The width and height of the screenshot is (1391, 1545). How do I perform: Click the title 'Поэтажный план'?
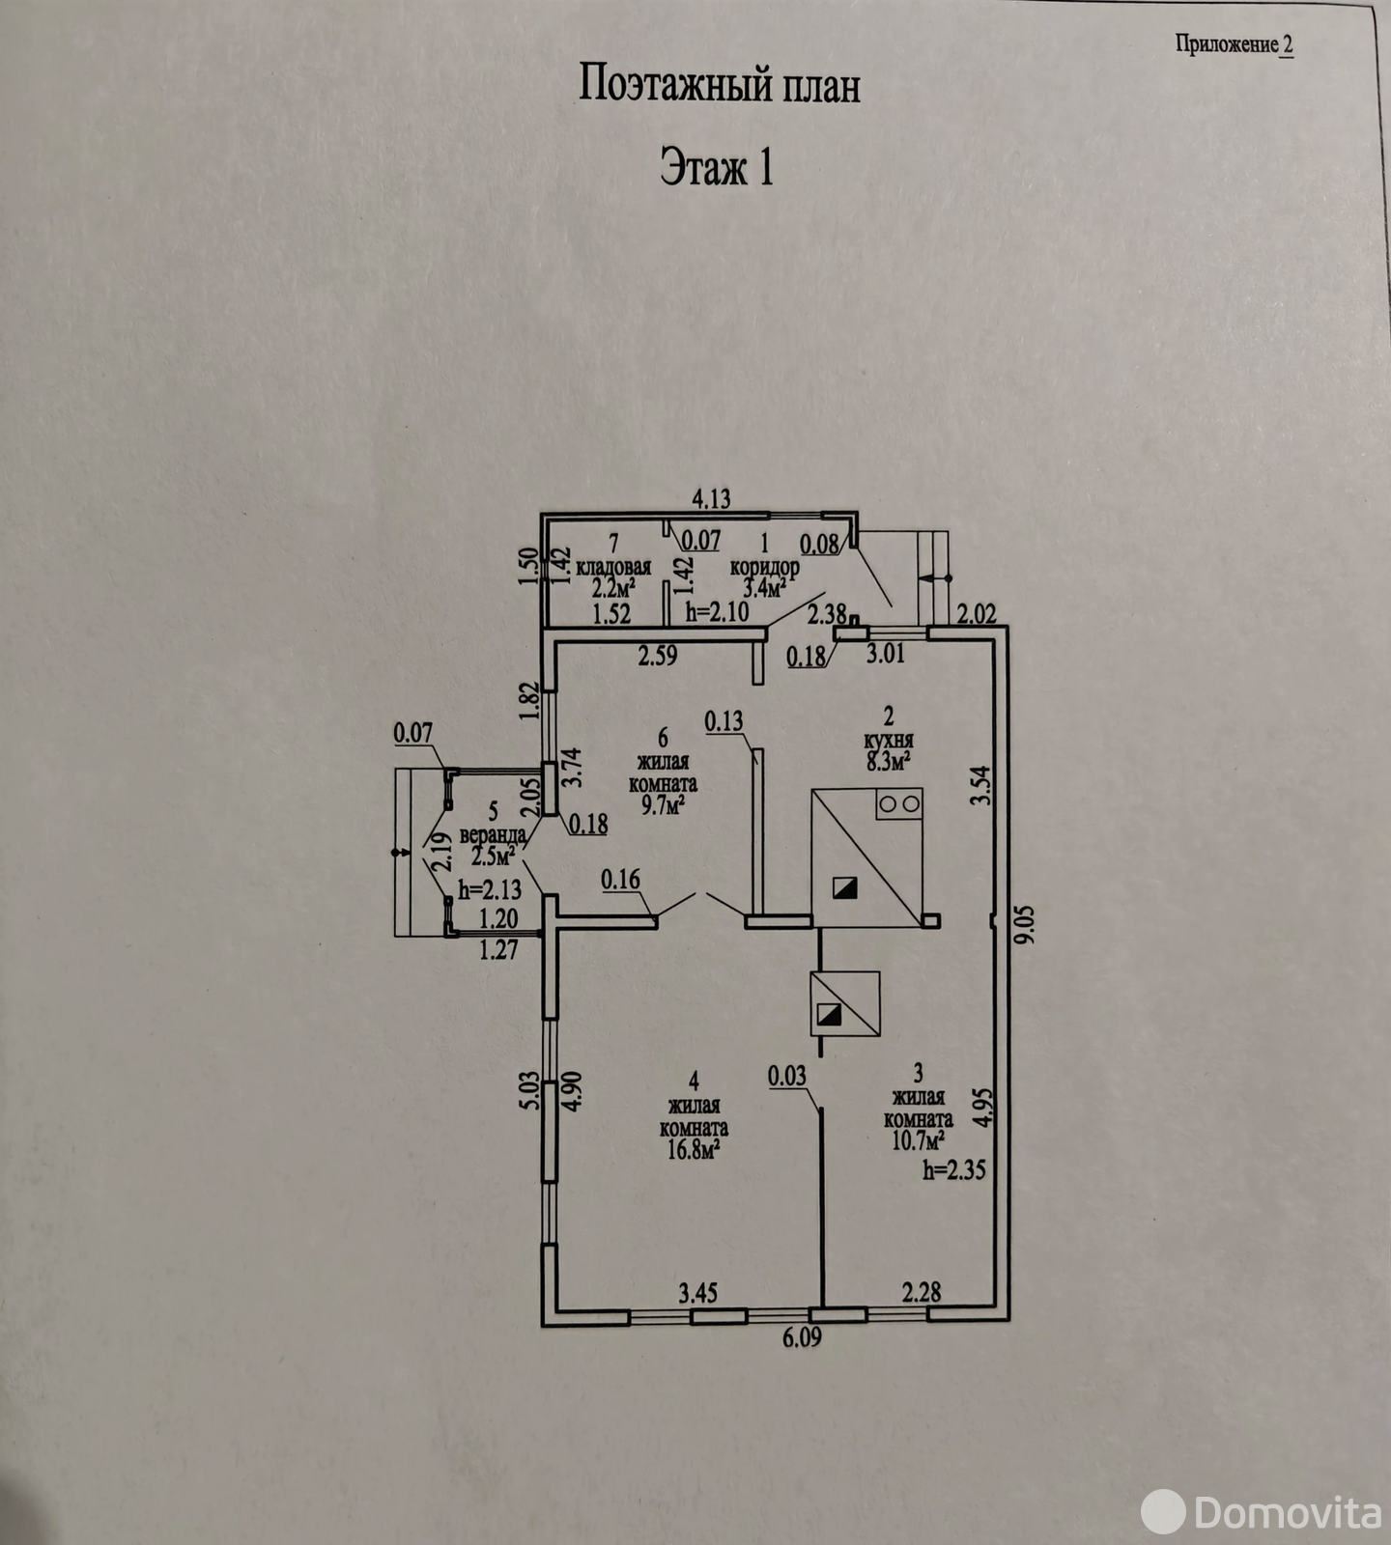(720, 86)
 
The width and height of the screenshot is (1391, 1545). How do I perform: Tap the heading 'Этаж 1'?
(717, 167)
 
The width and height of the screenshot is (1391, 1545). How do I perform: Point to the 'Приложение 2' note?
(1234, 44)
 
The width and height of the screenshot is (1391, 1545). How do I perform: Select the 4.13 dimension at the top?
(711, 499)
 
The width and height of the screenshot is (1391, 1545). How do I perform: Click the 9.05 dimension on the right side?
(1025, 923)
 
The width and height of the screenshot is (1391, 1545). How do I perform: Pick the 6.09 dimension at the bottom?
(803, 1338)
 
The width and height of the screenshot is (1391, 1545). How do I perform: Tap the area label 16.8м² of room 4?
(694, 1149)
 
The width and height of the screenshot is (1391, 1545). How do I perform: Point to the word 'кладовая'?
(613, 567)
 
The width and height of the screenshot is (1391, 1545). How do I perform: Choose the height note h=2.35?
(953, 1170)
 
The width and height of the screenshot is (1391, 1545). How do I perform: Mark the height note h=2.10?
(718, 612)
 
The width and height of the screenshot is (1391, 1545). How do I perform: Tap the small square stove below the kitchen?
(844, 1004)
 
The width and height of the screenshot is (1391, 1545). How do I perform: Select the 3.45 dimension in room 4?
(698, 1292)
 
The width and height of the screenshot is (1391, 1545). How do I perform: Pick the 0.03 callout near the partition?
(787, 1076)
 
